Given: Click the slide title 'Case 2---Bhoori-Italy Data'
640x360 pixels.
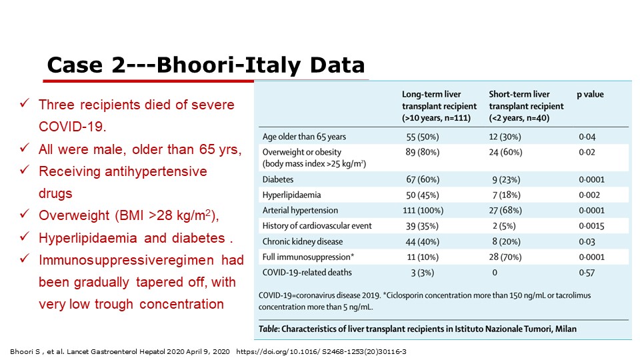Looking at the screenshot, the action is pyautogui.click(x=206, y=65).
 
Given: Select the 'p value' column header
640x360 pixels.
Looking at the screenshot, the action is pyautogui.click(x=590, y=95).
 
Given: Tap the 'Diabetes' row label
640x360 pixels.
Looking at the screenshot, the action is pyautogui.click(x=278, y=179).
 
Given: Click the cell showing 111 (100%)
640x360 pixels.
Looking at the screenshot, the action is pyautogui.click(x=423, y=210).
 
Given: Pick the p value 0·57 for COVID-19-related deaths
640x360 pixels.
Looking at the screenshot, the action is pyautogui.click(x=587, y=273).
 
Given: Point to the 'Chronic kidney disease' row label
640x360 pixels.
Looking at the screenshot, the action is pyautogui.click(x=303, y=241).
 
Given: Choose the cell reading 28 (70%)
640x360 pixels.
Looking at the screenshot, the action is pyautogui.click(x=505, y=257).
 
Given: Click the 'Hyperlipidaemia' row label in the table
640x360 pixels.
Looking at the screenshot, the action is pyautogui.click(x=291, y=195).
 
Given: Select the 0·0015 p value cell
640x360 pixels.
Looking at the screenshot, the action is pyautogui.click(x=591, y=226).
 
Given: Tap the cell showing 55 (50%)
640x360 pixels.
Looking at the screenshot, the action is pyautogui.click(x=423, y=137).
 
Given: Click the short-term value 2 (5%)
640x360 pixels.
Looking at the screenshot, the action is pyautogui.click(x=504, y=226).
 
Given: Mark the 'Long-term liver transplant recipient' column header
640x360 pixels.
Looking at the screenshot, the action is pyautogui.click(x=439, y=106).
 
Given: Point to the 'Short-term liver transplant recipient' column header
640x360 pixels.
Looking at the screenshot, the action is pyautogui.click(x=526, y=106).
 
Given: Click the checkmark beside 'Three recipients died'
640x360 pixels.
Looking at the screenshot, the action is pyautogui.click(x=25, y=103).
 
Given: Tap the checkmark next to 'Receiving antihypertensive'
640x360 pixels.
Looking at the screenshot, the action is pyautogui.click(x=25, y=169).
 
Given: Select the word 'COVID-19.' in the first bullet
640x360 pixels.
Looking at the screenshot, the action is pyautogui.click(x=72, y=127).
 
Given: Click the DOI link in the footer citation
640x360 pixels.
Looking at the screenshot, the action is pyautogui.click(x=321, y=351).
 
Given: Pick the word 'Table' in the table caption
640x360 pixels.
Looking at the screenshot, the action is pyautogui.click(x=268, y=329).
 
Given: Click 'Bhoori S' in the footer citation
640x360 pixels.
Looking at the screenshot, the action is pyautogui.click(x=25, y=351).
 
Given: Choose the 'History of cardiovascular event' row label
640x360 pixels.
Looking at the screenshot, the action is pyautogui.click(x=317, y=226).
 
